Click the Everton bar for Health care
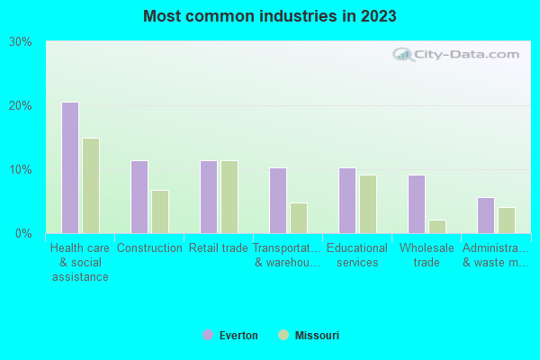pos(70,167)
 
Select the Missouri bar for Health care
pos(91,185)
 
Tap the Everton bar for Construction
pos(139,197)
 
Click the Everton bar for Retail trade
pos(209,197)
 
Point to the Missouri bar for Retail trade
pos(229,197)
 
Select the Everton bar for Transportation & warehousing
pos(278,201)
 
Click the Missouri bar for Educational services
pos(368,204)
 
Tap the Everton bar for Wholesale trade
pos(417,204)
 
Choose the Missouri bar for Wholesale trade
pos(437,227)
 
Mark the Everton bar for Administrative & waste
pos(486,216)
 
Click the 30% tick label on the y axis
pos(21,42)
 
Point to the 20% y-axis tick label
pos(21,106)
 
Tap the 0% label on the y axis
pos(23,234)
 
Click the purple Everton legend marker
pos(208,336)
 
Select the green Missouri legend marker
pos(283,336)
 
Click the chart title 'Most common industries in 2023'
pos(270,16)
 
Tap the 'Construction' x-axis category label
pos(149,248)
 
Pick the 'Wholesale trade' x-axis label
pos(427,256)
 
